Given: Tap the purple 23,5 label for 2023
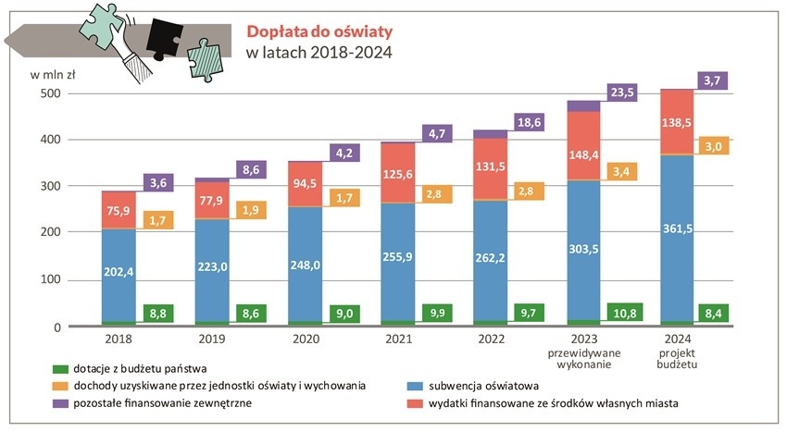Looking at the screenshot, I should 620,93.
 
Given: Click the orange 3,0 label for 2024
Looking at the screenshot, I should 714,147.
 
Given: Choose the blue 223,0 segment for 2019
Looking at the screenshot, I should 213,263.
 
